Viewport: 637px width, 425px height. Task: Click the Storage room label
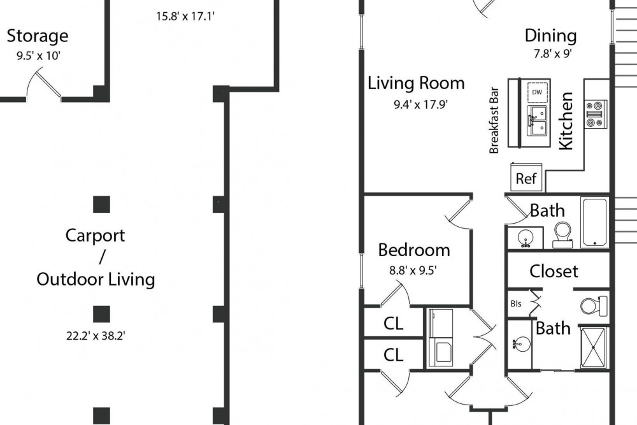(38, 36)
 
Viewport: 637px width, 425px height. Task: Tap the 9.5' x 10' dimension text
(39, 55)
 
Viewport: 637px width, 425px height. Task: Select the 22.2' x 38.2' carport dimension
(96, 336)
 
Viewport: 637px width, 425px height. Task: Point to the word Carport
(96, 236)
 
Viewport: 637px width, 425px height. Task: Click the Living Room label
(416, 83)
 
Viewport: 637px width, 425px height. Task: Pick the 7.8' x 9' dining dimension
(553, 54)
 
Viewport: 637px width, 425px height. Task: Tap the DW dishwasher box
(537, 92)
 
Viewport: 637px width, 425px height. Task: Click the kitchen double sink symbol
(537, 120)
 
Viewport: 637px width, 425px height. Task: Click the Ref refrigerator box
(526, 177)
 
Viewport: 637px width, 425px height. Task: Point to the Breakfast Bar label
(494, 120)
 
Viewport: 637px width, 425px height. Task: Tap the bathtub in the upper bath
(595, 222)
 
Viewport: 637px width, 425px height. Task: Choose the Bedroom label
(414, 250)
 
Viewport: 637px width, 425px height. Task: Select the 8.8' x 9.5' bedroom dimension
(413, 270)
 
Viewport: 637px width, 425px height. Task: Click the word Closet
(554, 271)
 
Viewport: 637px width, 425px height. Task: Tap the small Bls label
(516, 303)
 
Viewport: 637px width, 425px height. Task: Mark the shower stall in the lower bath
(593, 347)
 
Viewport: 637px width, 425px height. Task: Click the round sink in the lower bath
(520, 345)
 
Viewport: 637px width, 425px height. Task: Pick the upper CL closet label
(393, 324)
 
